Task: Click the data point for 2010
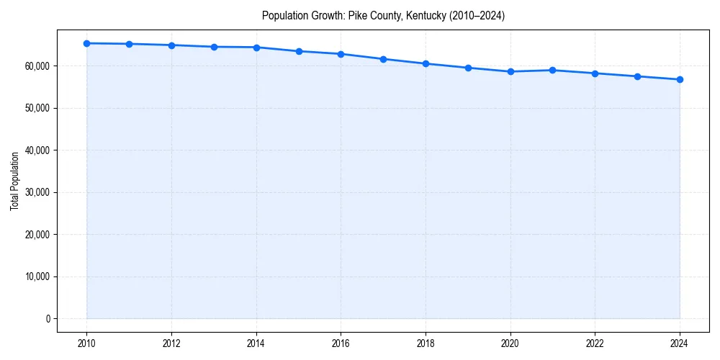[86, 43]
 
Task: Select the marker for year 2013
[214, 47]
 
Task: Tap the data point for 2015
[299, 51]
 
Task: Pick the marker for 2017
[383, 59]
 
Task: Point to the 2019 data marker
[468, 68]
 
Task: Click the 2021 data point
[552, 70]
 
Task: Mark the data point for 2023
[637, 76]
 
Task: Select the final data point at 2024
[680, 79]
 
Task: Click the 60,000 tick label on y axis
[36, 66]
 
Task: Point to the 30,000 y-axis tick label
[36, 192]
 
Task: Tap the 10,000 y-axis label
[36, 276]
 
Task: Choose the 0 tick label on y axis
[48, 319]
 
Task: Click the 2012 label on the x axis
[171, 343]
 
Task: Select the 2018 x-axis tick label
[426, 343]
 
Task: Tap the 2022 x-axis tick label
[595, 343]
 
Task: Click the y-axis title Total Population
[14, 181]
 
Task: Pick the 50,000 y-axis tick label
[36, 108]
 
